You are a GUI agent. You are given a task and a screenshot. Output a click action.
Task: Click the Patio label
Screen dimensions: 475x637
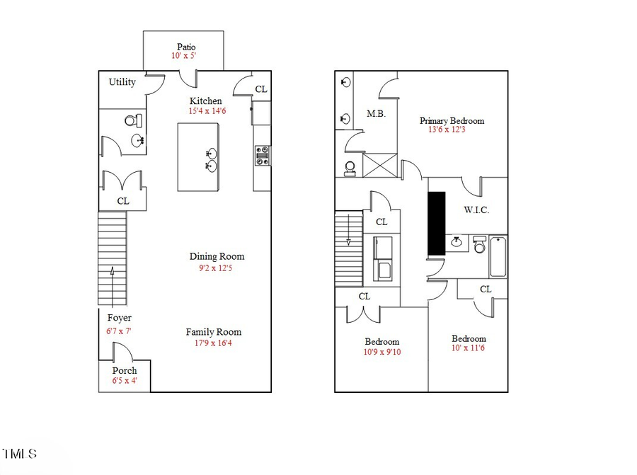tap(186, 47)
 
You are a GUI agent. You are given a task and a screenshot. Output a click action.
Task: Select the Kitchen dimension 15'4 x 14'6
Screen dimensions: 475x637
tap(207, 111)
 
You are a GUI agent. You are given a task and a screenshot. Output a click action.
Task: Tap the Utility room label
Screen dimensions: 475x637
tap(122, 82)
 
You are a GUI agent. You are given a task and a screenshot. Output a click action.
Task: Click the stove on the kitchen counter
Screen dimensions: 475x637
tap(262, 156)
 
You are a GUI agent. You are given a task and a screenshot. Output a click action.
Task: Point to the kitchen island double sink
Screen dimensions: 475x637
tap(210, 159)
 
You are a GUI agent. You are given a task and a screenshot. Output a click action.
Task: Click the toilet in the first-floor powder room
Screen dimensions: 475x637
tap(132, 120)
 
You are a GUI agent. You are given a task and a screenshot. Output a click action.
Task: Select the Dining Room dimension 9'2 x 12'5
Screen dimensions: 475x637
tap(217, 268)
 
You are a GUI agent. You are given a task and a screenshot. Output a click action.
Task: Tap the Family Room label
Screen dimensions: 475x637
tap(214, 332)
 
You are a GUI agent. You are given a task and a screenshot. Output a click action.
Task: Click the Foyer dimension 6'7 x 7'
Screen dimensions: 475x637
tap(119, 331)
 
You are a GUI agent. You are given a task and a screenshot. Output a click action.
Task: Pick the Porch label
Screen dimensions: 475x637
tap(125, 370)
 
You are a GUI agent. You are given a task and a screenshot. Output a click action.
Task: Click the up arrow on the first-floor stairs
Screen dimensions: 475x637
tap(112, 276)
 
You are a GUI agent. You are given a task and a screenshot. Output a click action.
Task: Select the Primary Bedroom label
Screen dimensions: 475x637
tap(452, 120)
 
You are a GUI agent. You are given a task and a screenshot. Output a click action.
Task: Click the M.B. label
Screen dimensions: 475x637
tap(376, 113)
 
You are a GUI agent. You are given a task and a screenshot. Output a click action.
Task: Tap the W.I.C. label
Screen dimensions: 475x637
tap(476, 210)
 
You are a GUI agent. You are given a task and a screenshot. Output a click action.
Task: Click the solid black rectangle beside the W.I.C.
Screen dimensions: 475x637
tap(436, 223)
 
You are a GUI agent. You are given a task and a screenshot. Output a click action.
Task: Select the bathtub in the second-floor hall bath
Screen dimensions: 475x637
tap(498, 256)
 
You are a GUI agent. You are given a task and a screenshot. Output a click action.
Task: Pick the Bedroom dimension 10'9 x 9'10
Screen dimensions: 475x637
tap(382, 352)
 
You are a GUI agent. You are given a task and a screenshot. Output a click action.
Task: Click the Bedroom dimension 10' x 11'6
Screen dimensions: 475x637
tap(469, 348)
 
